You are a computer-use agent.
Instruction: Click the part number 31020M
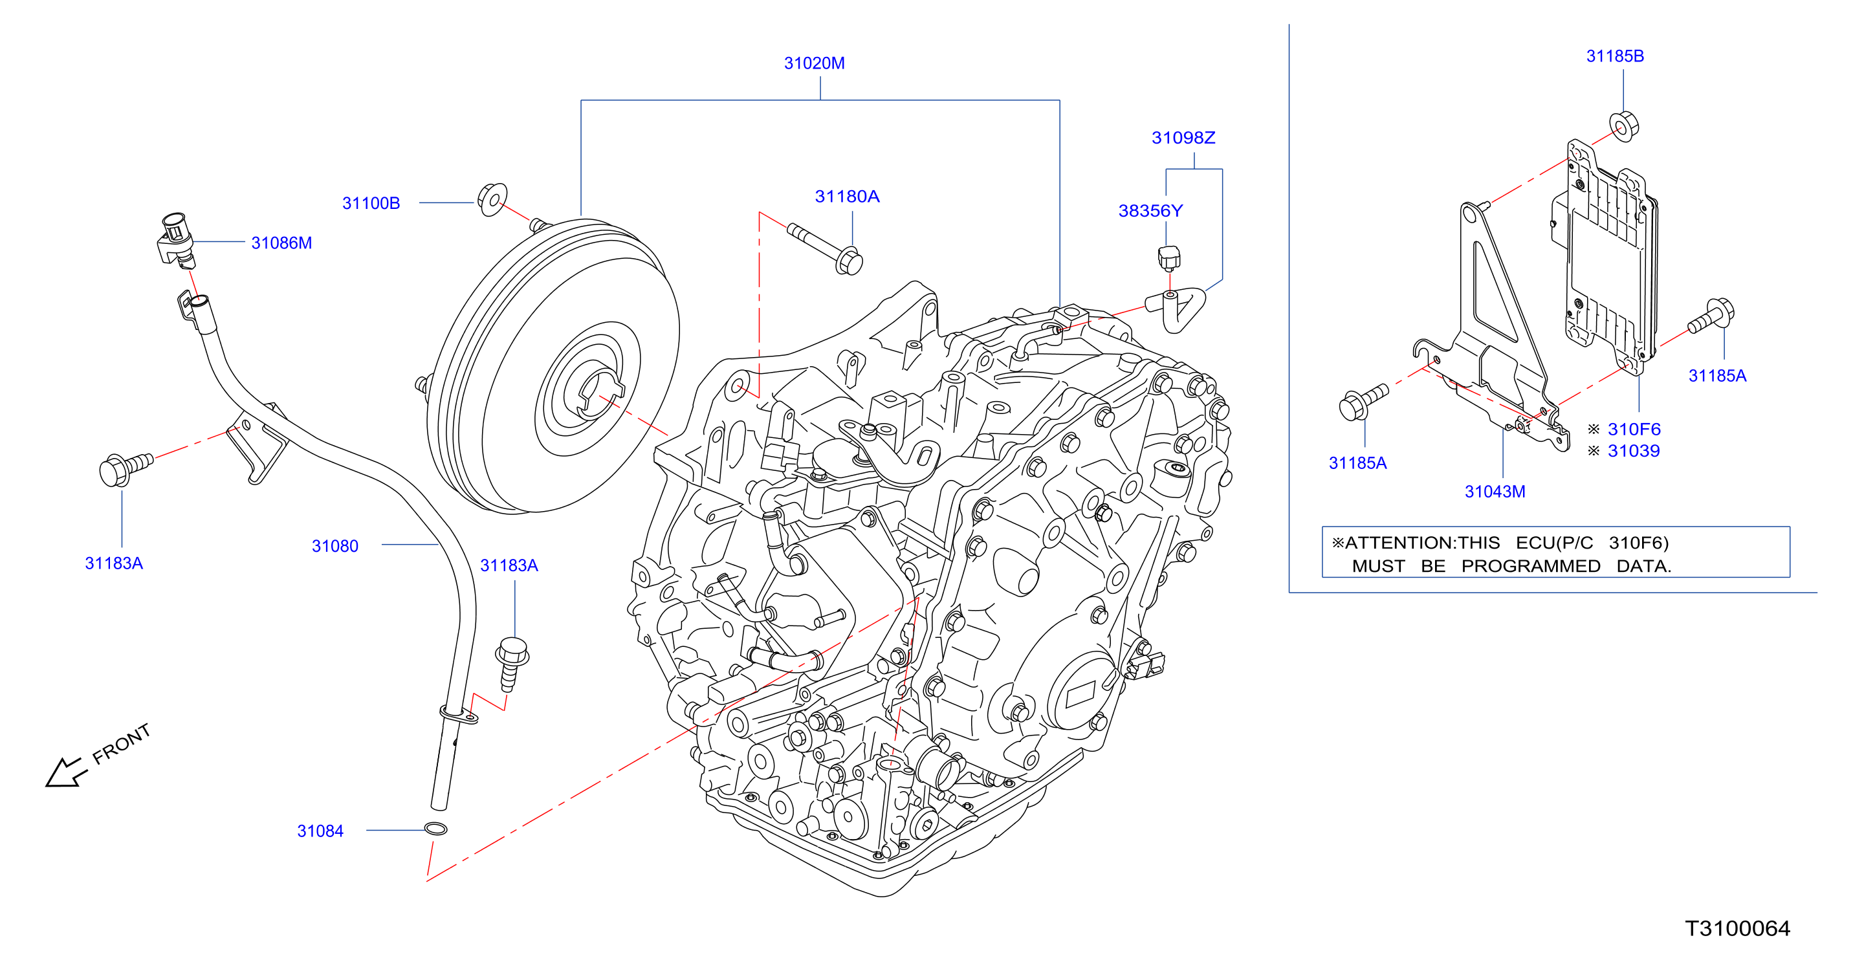coord(814,63)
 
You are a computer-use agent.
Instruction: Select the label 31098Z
coord(1183,138)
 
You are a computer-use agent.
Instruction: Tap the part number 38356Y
coord(1150,212)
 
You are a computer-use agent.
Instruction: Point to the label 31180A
coord(848,197)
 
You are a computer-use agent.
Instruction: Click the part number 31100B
coord(371,203)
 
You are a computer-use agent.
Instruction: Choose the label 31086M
coord(281,243)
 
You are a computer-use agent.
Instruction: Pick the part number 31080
coord(335,546)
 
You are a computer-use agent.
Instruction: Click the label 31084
coord(320,831)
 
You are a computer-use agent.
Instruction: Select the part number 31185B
coord(1615,56)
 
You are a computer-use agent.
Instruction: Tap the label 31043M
coord(1495,492)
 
